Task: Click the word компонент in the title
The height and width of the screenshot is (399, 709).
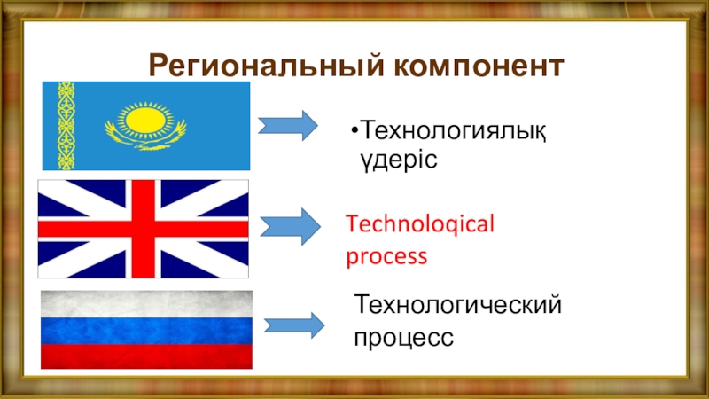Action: point(475,65)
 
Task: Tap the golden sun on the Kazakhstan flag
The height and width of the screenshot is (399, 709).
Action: point(145,118)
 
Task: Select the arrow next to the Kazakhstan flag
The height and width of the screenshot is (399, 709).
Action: point(289,125)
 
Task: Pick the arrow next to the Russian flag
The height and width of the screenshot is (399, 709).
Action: point(294,325)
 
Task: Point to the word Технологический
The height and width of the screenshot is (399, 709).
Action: point(458,306)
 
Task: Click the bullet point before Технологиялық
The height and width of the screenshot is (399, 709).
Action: point(354,133)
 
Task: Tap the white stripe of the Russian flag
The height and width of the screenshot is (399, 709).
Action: point(147,304)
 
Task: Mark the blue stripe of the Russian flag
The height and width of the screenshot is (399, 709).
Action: point(147,330)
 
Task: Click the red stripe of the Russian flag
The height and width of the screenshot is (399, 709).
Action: point(147,356)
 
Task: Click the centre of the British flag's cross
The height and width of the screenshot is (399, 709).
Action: point(143,229)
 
